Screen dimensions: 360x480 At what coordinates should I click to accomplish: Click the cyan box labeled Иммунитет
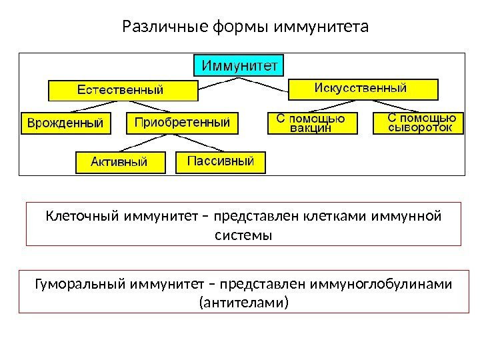(x=239, y=65)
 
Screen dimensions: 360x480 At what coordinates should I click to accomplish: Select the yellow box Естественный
(x=123, y=89)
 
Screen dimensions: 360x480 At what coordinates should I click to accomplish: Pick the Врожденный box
(x=65, y=123)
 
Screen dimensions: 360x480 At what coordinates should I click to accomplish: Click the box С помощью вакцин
(x=311, y=123)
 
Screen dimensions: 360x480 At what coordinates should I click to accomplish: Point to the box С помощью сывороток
(x=422, y=123)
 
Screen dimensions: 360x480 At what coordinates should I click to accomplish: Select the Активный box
(x=120, y=162)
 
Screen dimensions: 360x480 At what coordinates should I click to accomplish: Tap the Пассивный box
(x=220, y=161)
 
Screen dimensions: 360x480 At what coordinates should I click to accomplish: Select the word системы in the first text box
(x=245, y=235)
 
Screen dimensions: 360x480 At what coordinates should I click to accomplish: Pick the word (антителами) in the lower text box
(x=244, y=304)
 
